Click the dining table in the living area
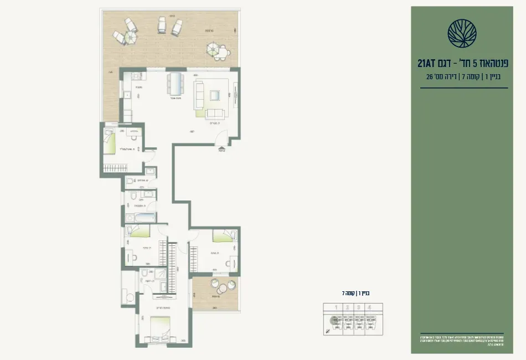pos(176,84)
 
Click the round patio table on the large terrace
pos(214,49)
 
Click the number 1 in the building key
pos(334,308)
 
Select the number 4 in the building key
pos(368,308)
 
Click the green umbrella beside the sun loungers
pos(130,37)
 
